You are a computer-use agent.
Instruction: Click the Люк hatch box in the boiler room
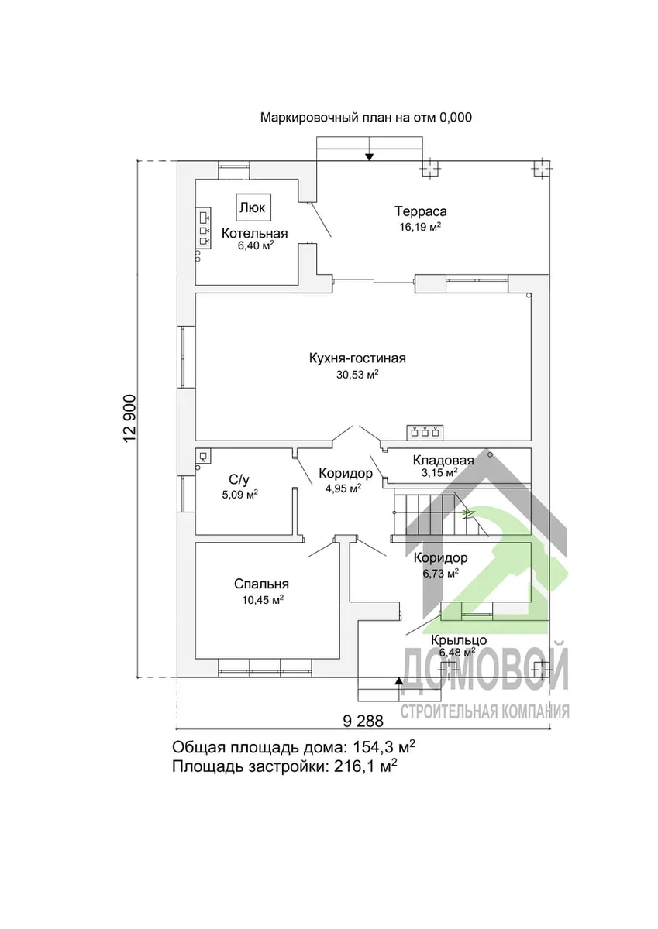tap(254, 207)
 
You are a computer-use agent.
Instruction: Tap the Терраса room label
tap(421, 211)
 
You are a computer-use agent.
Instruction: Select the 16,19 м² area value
tap(420, 227)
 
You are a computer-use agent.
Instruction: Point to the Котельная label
tap(254, 233)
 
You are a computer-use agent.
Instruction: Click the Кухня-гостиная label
tap(357, 358)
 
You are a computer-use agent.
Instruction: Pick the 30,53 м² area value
tap(357, 375)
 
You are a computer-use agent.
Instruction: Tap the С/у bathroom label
tap(239, 480)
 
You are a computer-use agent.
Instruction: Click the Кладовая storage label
tap(443, 460)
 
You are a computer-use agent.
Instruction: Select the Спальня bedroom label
tap(261, 584)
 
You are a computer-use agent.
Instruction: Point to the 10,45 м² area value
tap(263, 600)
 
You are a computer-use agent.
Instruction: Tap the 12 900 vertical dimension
tap(130, 419)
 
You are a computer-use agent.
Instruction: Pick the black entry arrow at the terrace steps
tap(369, 156)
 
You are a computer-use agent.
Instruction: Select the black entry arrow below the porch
tap(399, 680)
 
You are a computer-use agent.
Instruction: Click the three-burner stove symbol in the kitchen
tap(425, 432)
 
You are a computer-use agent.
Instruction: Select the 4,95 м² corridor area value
tap(343, 488)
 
